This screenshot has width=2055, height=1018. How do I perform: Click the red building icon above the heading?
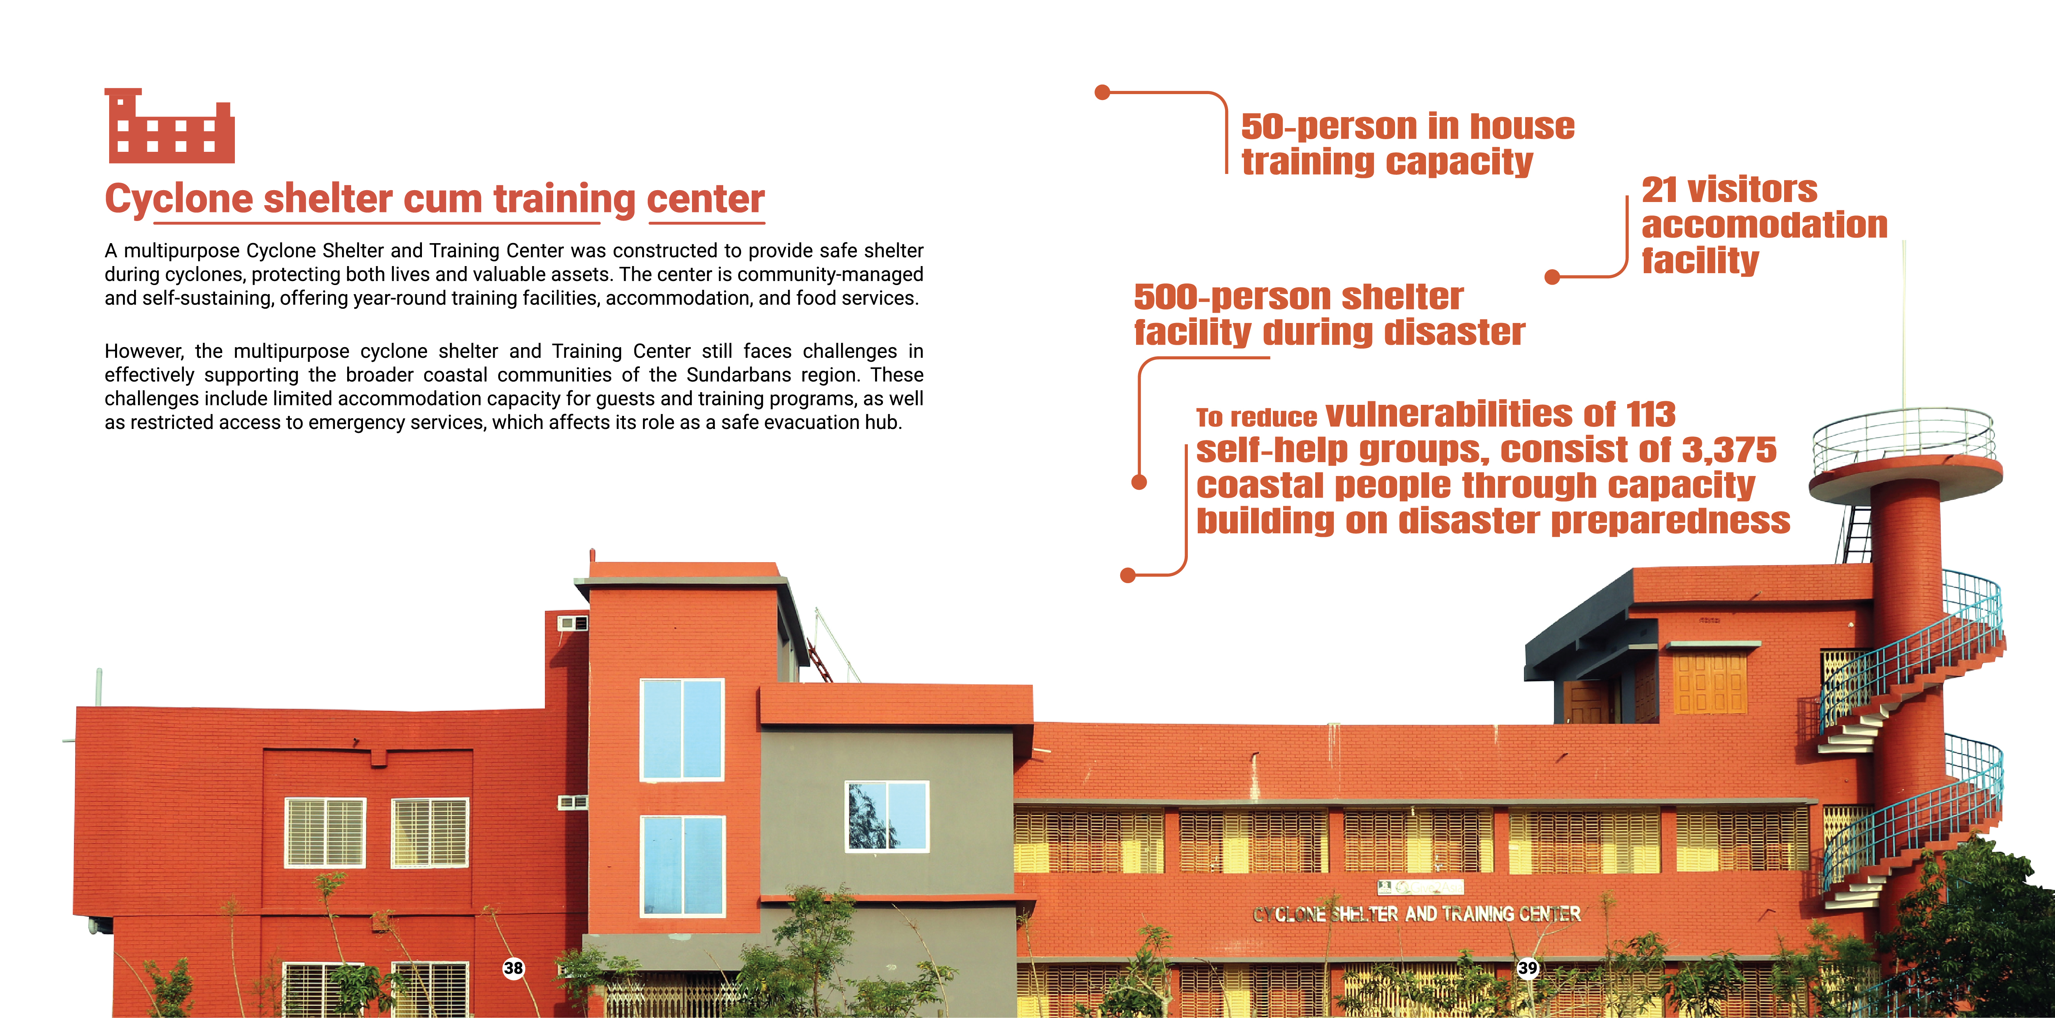click(x=169, y=126)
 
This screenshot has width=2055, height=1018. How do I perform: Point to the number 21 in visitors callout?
click(x=1659, y=190)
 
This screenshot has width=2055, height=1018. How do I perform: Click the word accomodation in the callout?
click(x=1765, y=225)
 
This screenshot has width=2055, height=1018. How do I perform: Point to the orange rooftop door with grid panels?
click(x=1709, y=684)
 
